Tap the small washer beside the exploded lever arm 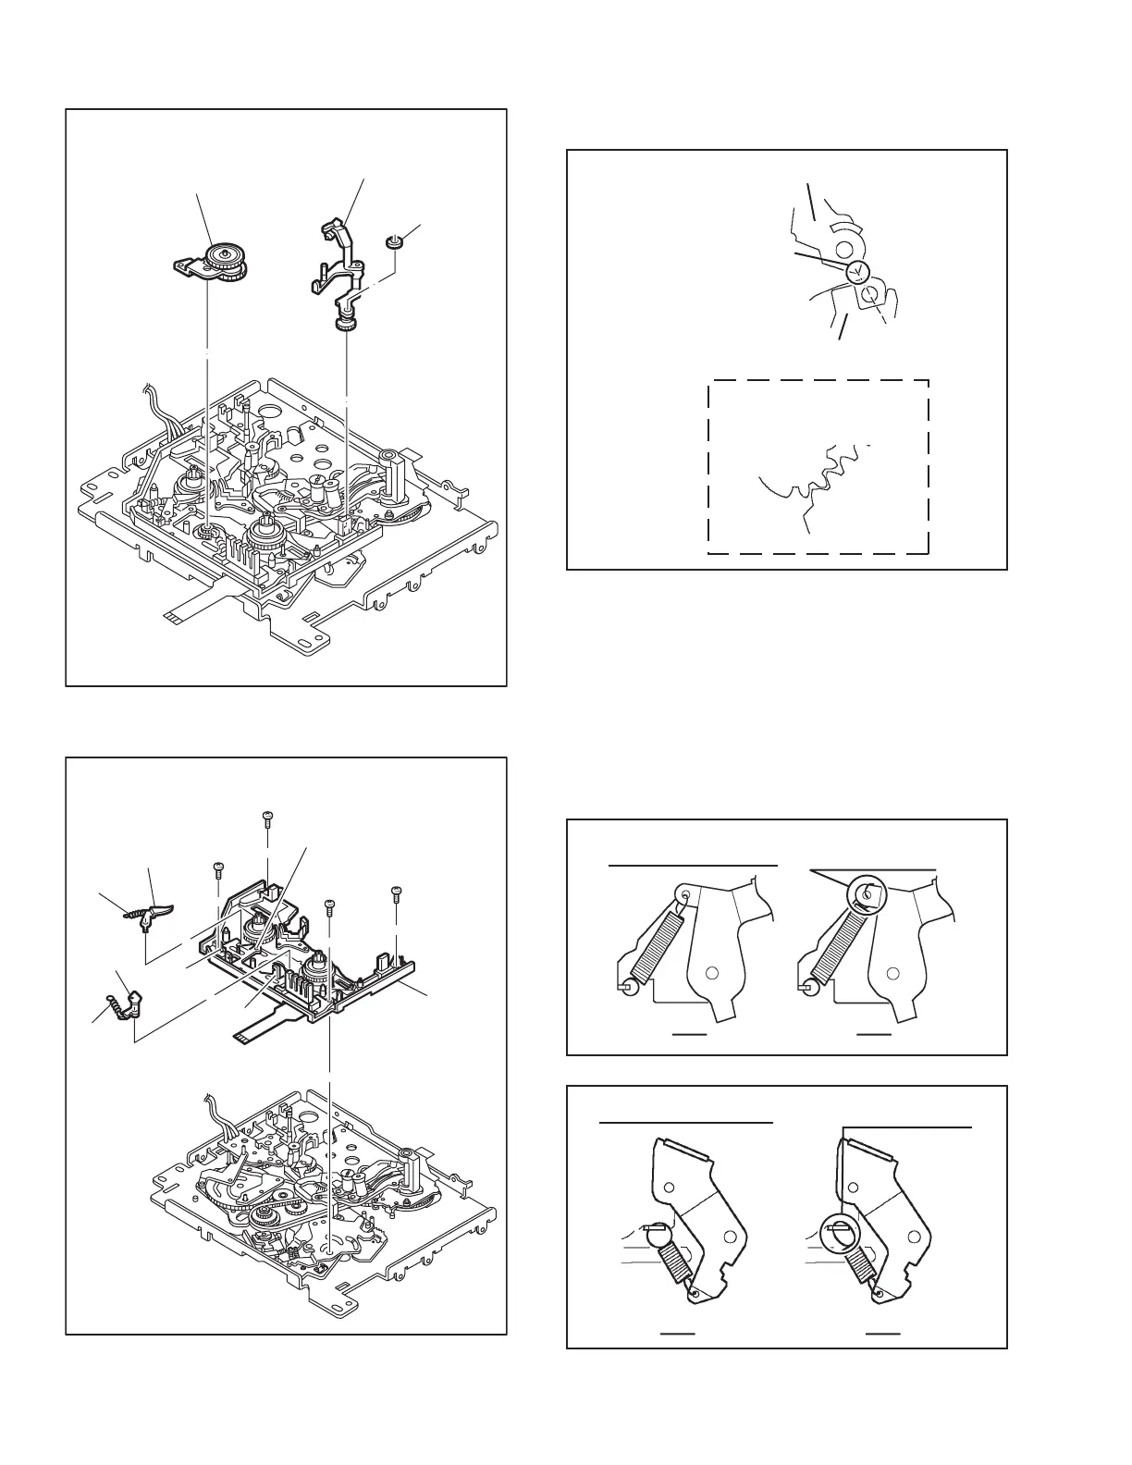pos(392,243)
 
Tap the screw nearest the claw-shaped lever pos(219,867)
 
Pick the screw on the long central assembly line pos(328,904)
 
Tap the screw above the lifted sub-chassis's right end pos(395,893)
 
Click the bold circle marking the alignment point pos(857,270)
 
